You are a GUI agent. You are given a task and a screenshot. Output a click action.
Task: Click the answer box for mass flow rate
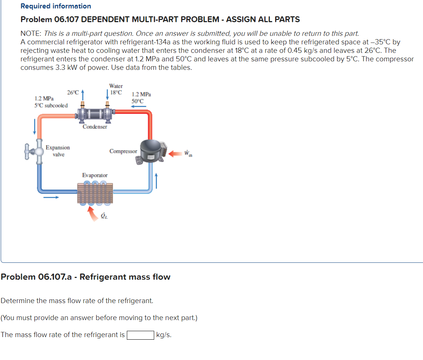coord(141,335)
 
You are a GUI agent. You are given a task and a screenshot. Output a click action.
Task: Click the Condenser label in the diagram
coord(95,127)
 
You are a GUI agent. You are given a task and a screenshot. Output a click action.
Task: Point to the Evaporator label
coord(95,175)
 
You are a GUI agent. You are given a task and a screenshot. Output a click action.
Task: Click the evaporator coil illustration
coord(95,193)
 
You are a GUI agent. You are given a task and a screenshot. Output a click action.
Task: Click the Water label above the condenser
coord(116,86)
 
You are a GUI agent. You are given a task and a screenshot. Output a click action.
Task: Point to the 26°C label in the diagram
coord(73,92)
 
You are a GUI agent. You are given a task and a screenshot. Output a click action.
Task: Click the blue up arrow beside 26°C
coord(83,94)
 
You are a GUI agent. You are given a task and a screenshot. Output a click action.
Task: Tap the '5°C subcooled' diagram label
coord(51,105)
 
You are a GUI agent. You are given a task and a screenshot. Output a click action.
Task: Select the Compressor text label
coord(123,151)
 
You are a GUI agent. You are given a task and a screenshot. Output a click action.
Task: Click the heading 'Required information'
coord(56,6)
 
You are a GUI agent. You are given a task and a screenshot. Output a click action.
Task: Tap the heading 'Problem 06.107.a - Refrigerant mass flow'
coord(86,277)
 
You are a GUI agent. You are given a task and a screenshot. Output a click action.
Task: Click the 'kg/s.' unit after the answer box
coord(164,335)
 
